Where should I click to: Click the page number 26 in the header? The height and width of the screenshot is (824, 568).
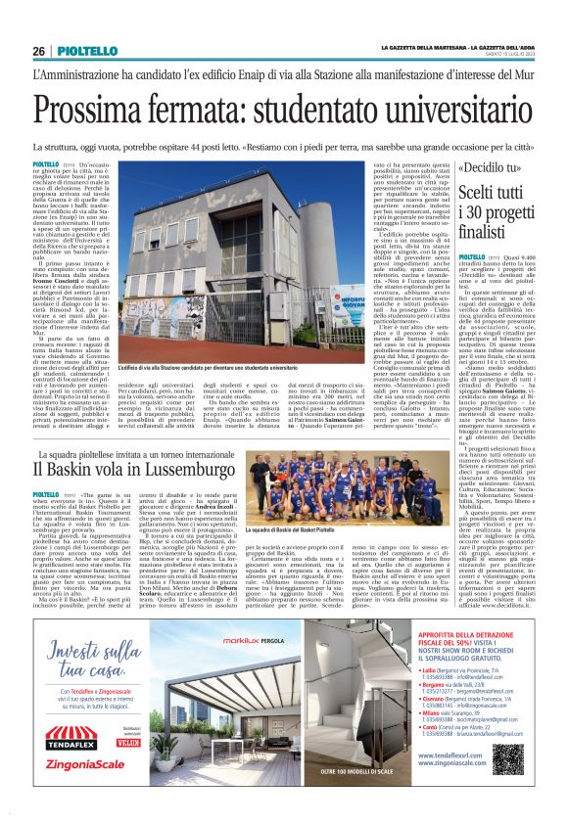[x=39, y=51]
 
